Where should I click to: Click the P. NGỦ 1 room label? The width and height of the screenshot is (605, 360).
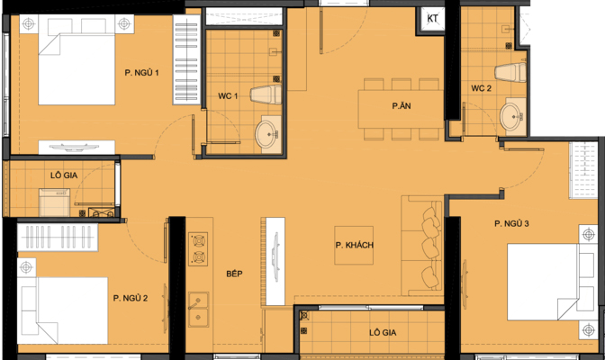tap(141, 73)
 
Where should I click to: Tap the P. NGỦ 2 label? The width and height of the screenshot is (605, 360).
tap(131, 298)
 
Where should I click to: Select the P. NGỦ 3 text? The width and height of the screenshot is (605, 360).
tap(511, 223)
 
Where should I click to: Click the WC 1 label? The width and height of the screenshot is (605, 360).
tap(228, 96)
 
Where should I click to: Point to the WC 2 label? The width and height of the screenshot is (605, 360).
tap(481, 88)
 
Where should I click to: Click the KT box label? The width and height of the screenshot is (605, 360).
tap(432, 19)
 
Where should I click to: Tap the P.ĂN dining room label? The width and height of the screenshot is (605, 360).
tap(402, 105)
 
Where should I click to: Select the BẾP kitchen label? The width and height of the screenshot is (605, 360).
tap(234, 274)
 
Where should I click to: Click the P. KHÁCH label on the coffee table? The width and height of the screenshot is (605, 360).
tap(354, 245)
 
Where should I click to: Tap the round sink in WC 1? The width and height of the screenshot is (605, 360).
tap(266, 133)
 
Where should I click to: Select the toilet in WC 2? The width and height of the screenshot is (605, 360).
tap(510, 72)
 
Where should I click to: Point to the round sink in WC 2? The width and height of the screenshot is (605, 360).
tap(511, 115)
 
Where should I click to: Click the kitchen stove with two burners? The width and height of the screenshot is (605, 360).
tap(198, 249)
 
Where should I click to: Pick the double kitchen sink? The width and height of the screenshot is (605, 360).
tap(198, 310)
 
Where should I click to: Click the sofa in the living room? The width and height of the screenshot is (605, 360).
tap(421, 246)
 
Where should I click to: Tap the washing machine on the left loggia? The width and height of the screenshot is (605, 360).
tap(54, 202)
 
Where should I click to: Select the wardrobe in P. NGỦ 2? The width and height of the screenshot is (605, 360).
tap(58, 237)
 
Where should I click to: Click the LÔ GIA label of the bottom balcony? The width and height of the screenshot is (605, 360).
tap(383, 333)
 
